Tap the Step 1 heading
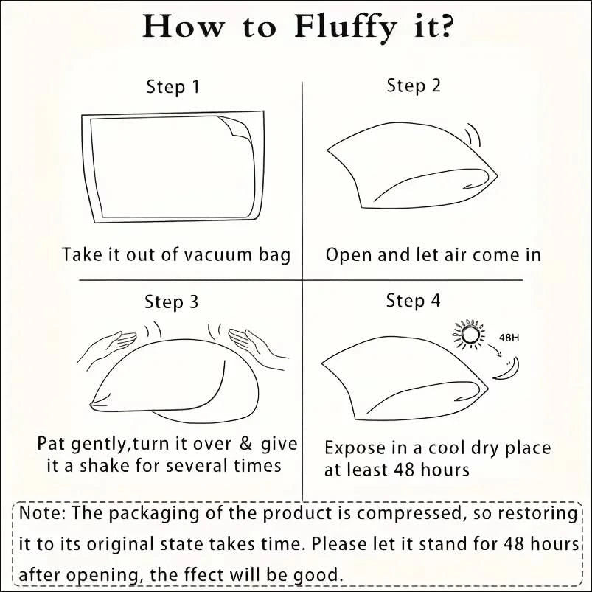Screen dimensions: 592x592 point(173,87)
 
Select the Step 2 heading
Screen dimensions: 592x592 point(414,86)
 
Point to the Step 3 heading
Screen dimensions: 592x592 point(172,302)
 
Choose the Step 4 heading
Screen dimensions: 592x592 point(413,301)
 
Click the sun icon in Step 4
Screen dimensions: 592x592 point(469,334)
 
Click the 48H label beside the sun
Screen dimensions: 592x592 point(509,337)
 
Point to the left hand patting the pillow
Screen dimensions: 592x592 point(107,347)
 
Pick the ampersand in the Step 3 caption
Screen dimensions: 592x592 point(245,444)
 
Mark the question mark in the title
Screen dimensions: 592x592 point(445,27)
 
